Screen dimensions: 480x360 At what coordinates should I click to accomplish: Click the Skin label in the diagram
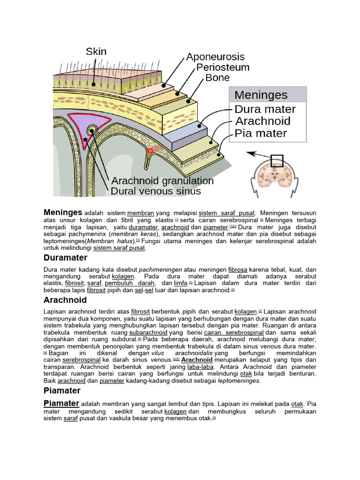96,51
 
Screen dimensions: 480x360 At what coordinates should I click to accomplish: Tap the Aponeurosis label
215,57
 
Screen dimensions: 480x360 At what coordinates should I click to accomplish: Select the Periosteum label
223,67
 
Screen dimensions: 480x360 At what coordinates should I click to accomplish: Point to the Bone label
217,78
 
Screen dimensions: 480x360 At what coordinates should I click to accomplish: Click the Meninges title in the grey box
261,95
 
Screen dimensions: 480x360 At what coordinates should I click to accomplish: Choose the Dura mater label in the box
265,109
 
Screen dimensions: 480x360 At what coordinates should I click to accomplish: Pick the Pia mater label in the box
261,133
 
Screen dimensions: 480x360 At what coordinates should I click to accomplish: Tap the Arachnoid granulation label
162,181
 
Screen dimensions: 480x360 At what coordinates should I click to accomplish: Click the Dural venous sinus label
156,191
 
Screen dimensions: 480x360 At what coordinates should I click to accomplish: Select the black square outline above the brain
277,161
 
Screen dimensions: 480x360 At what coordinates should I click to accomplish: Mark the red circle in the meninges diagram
150,150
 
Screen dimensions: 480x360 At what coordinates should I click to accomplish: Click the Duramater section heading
65,257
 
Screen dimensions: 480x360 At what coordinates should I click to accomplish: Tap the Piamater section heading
62,390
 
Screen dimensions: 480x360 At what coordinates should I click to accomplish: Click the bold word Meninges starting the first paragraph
63,212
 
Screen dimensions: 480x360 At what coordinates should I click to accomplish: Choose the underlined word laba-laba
200,366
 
